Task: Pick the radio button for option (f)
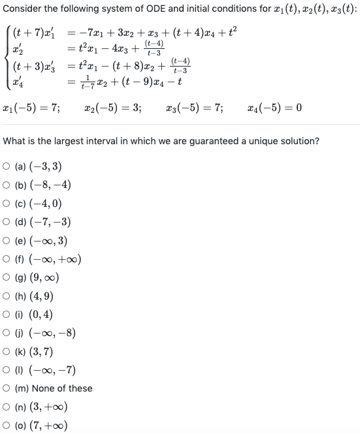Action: click(8, 258)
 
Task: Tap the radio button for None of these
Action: click(8, 388)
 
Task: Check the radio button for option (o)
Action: click(8, 426)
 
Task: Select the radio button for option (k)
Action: click(8, 351)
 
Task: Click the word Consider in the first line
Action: click(23, 8)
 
